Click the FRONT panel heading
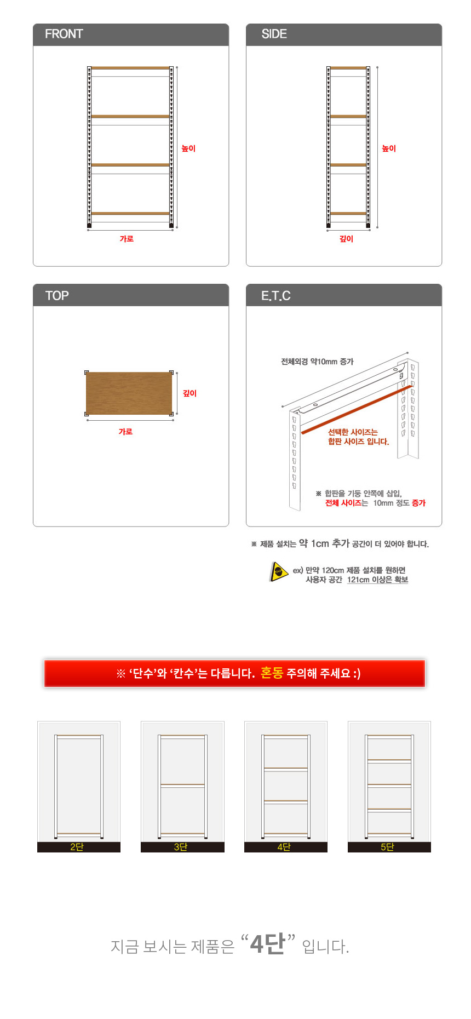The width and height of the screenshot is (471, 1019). click(64, 34)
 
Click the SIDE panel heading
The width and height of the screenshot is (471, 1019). click(274, 34)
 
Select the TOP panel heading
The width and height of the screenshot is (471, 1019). click(57, 296)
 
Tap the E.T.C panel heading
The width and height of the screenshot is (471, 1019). click(275, 296)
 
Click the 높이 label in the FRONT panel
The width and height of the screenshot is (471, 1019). click(188, 148)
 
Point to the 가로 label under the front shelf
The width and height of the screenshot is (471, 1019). click(127, 239)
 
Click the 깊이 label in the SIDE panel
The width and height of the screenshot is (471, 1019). click(346, 239)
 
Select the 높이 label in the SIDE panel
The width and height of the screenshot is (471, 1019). click(389, 148)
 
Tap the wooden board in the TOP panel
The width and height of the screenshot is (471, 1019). click(129, 393)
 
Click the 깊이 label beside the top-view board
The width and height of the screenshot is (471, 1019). click(189, 393)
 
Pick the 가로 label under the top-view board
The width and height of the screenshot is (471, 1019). click(125, 432)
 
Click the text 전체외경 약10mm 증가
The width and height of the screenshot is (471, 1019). click(317, 362)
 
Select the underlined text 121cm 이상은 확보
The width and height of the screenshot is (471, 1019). click(377, 580)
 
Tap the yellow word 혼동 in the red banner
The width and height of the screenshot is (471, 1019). click(272, 673)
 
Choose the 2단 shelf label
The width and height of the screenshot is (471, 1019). click(77, 847)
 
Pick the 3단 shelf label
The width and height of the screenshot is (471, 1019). click(180, 847)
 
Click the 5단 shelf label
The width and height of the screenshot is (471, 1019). click(387, 847)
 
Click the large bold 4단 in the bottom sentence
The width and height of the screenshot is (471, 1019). click(268, 943)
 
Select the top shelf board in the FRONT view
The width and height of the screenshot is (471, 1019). click(130, 68)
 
